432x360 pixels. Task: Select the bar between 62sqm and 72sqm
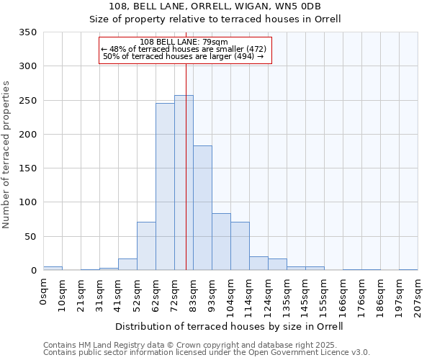[x=165, y=186]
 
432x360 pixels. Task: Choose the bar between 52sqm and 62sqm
[x=146, y=246]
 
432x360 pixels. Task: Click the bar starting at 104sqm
[x=240, y=246]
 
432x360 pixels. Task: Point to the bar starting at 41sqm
[x=127, y=264]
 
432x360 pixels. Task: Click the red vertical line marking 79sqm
[x=186, y=144]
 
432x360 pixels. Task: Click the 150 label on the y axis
[x=29, y=168]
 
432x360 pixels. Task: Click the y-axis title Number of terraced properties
[x=7, y=155]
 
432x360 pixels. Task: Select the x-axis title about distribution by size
[x=230, y=326]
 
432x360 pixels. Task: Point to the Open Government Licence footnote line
[x=207, y=353]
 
